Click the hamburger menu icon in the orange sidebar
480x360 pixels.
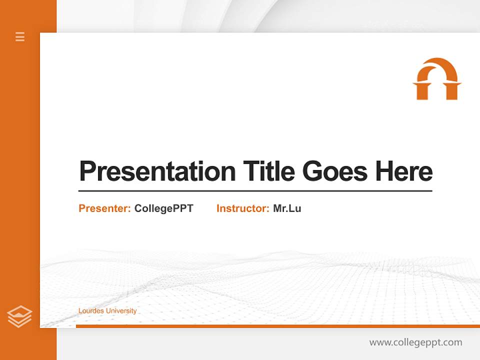tap(20, 36)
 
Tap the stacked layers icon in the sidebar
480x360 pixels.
tap(19, 316)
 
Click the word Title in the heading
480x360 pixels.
tap(268, 171)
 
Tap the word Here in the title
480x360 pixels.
tap(404, 171)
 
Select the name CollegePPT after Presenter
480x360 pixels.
tap(163, 208)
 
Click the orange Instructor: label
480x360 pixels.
tap(243, 208)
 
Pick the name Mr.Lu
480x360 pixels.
tap(287, 208)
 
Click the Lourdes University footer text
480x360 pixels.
tap(107, 311)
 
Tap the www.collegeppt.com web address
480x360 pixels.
tap(415, 342)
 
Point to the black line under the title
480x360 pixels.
tap(255, 191)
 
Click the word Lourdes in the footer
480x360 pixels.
tap(90, 311)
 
